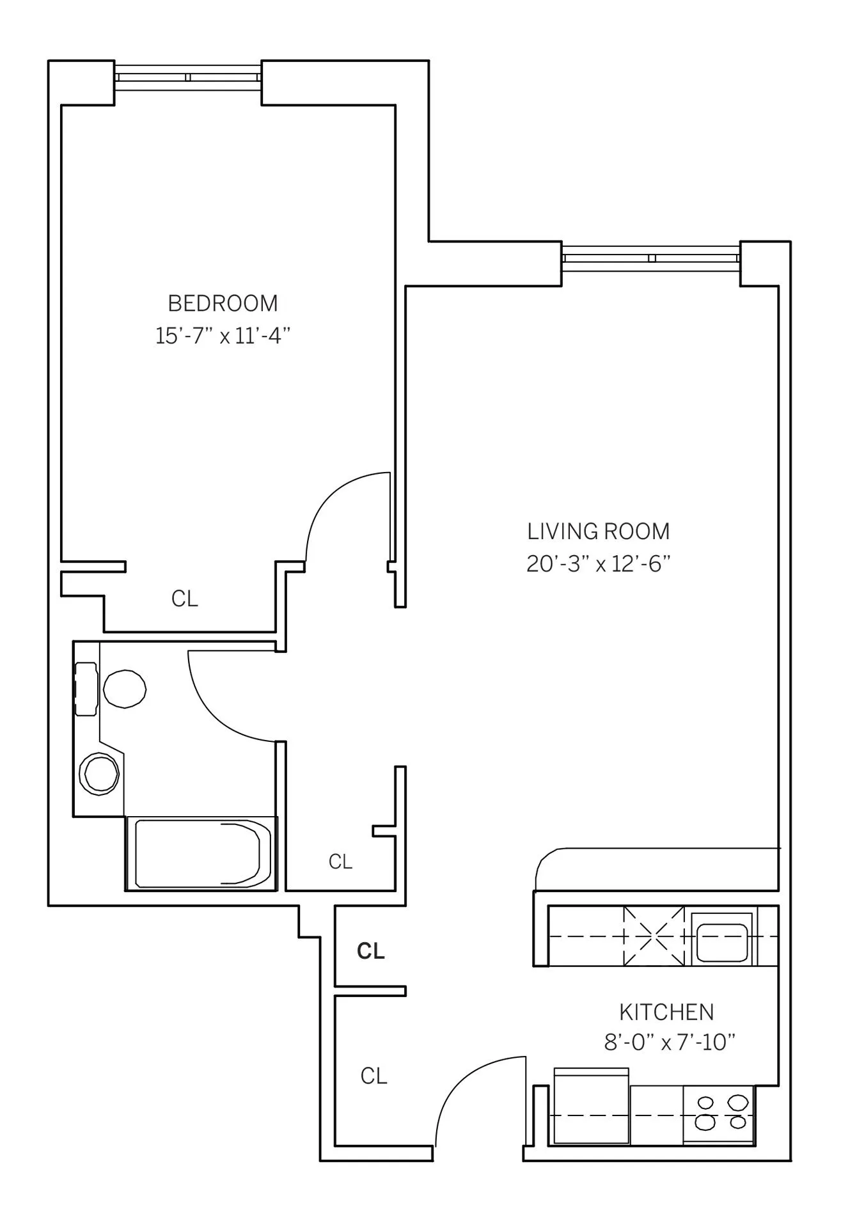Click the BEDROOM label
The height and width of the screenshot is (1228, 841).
pos(223,303)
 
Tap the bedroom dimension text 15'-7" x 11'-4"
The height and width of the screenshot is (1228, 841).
pos(223,336)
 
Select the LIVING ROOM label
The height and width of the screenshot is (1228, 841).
pos(598,531)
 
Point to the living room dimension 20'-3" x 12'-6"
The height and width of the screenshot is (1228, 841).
pos(598,564)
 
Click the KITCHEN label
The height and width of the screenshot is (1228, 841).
pos(666,1012)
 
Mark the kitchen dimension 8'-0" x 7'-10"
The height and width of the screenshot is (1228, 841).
pos(670,1043)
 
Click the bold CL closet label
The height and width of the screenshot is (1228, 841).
pos(371,952)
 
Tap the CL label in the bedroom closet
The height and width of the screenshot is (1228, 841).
pos(185,599)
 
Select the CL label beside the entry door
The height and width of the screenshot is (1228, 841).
pos(374,1076)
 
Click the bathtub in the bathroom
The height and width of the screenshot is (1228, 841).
pos(200,854)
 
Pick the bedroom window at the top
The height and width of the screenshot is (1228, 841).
pos(188,77)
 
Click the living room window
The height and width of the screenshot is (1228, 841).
pos(651,258)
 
